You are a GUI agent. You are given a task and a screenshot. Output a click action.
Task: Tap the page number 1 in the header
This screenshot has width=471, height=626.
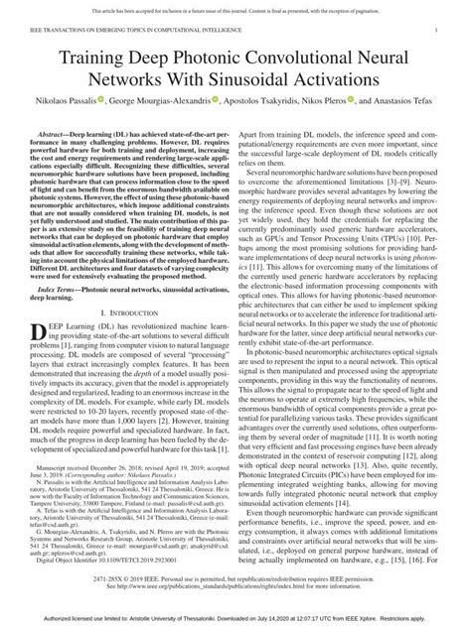pos(438,32)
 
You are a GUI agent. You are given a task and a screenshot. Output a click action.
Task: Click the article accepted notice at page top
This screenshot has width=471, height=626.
pos(235,8)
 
